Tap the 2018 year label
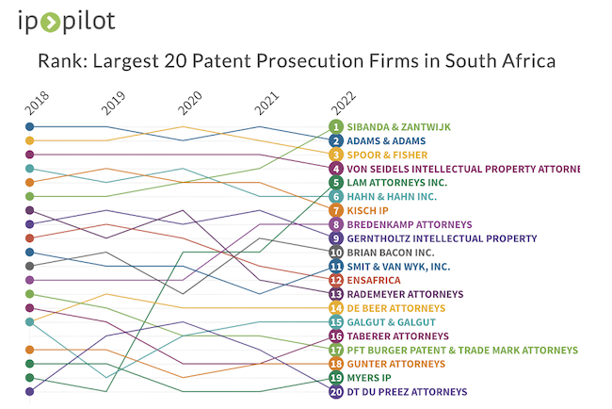36,103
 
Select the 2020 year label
189,103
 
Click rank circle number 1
336,126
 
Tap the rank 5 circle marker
336,183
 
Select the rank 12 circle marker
336,280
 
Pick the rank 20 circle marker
336,391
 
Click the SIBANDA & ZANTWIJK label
399,126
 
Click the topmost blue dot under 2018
30,126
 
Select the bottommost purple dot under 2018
30,391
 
